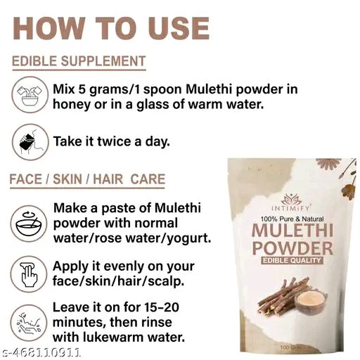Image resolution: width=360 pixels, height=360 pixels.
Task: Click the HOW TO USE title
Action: pyautogui.click(x=111, y=29)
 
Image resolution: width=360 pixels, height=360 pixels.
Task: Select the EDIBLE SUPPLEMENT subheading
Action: pyautogui.click(x=79, y=61)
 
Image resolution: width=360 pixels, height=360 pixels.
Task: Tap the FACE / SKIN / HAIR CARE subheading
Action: pyautogui.click(x=87, y=179)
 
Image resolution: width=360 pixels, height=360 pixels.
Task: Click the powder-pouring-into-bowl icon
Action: pyautogui.click(x=30, y=95)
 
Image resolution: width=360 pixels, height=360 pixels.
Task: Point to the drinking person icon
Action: pyautogui.click(x=30, y=142)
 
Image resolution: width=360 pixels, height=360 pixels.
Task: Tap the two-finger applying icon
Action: pyautogui.click(x=28, y=274)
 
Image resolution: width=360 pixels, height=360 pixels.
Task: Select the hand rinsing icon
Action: pyautogui.click(x=28, y=323)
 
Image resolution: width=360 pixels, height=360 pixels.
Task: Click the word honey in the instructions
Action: pyautogui.click(x=72, y=105)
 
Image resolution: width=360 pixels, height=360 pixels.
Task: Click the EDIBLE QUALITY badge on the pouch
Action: pyautogui.click(x=292, y=260)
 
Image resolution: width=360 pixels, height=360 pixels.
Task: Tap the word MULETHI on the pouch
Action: pyautogui.click(x=292, y=231)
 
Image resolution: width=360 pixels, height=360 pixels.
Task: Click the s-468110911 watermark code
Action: pyautogui.click(x=40, y=352)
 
